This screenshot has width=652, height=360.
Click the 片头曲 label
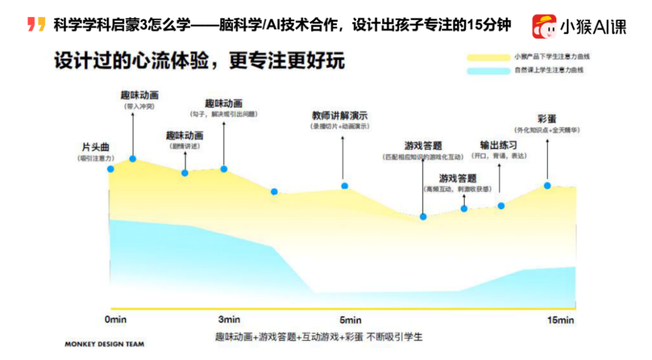95,147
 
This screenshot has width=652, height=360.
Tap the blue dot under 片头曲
110,169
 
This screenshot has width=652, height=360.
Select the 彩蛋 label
547,118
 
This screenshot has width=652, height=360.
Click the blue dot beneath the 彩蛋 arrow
548,185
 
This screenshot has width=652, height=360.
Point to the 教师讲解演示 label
339,115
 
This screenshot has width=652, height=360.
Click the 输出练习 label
499,145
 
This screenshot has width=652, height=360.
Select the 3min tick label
229,319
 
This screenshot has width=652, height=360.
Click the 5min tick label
350,320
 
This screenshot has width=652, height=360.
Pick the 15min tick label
561,320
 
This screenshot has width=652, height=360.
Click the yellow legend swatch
488,57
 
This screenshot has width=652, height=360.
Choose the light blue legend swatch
488,71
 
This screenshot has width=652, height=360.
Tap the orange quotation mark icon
36,25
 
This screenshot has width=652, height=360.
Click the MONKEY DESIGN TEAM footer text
104,344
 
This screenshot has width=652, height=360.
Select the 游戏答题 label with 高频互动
458,178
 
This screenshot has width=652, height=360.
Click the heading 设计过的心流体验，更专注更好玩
199,62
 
